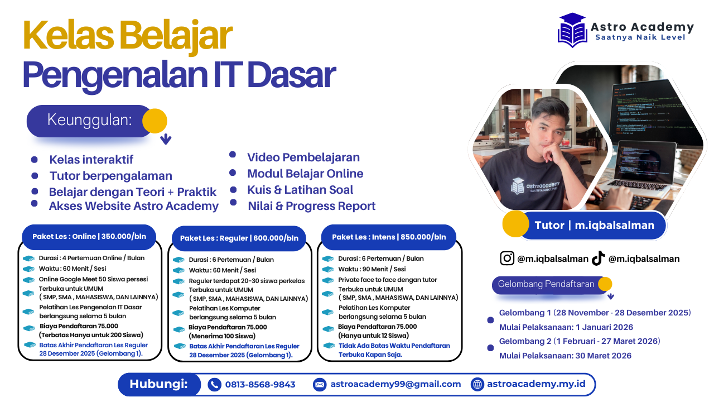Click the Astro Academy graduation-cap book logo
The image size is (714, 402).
point(572,30)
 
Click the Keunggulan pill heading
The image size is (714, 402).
point(89,121)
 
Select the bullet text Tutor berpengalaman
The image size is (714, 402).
point(110,176)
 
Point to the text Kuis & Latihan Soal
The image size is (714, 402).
point(300,190)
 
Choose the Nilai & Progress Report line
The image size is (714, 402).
point(311,206)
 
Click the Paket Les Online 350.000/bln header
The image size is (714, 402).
point(89,237)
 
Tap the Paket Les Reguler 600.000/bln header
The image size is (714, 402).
point(239,238)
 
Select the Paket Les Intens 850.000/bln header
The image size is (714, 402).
point(389,237)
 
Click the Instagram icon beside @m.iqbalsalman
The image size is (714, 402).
point(507,258)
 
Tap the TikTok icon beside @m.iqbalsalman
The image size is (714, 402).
point(598,258)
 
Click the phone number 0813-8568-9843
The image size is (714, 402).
point(260,384)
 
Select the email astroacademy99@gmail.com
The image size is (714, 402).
point(395,384)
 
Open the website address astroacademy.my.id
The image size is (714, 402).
point(536,384)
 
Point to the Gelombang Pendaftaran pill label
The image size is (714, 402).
point(546,284)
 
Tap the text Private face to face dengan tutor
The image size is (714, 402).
point(388,280)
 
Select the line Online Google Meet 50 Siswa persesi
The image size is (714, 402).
point(93,279)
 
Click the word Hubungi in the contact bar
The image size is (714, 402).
point(157,384)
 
